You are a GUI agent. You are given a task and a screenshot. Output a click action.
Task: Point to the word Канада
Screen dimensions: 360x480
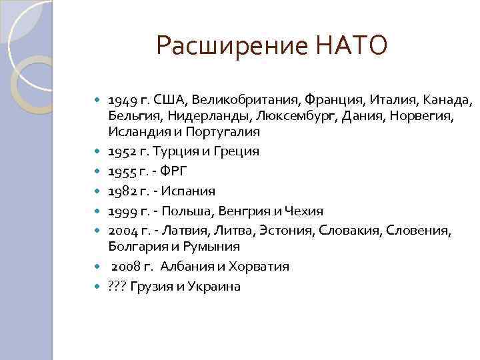pyautogui.click(x=449, y=101)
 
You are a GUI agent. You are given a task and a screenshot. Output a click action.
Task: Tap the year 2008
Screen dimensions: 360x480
pyautogui.click(x=125, y=266)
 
